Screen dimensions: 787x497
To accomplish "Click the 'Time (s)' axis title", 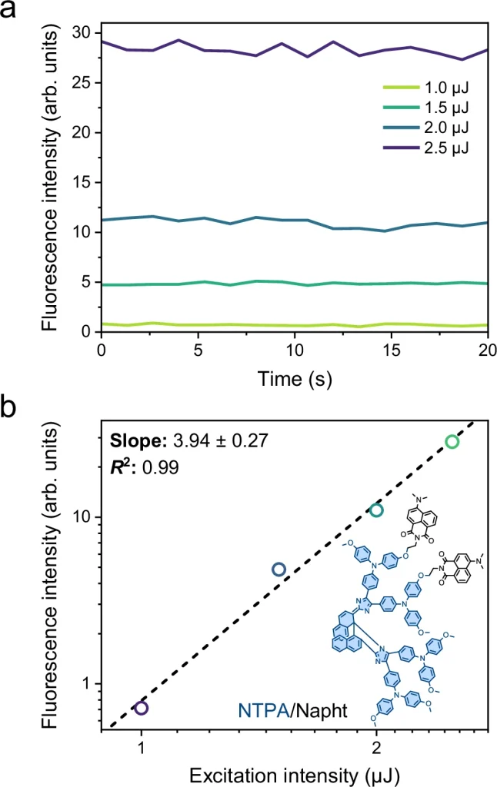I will [295, 376].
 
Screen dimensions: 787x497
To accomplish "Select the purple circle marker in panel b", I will [142, 708].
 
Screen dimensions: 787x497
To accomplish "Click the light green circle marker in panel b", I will [452, 442].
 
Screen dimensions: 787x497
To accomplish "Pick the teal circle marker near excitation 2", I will [376, 510].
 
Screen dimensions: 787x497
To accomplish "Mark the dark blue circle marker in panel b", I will [279, 569].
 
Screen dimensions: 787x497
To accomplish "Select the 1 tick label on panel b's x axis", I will [142, 746].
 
